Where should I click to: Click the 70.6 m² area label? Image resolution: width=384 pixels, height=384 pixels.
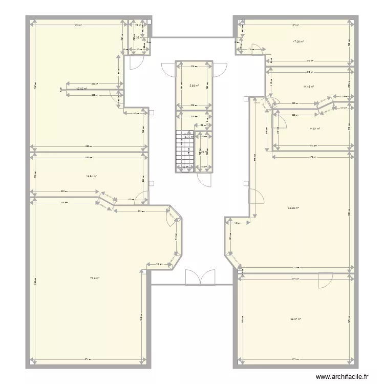point(95,278)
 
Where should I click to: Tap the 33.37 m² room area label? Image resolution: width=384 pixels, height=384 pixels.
point(295,319)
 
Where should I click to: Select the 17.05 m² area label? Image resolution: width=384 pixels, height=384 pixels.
point(297,41)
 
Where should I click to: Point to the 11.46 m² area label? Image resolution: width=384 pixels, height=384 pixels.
point(308,87)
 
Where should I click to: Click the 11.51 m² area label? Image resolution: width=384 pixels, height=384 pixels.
point(314,129)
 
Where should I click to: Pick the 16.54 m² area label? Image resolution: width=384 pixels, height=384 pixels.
point(92,176)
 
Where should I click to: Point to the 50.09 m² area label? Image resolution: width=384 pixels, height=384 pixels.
point(293,208)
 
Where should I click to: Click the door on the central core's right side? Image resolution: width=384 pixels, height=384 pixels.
point(220,69)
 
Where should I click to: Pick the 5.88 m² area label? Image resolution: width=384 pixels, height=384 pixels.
point(194,86)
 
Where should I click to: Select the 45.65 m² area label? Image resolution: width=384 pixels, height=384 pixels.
point(82,89)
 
